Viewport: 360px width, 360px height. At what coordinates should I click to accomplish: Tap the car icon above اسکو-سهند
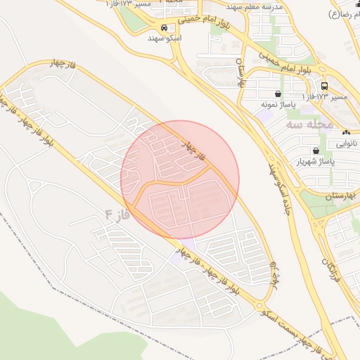coord(164,28)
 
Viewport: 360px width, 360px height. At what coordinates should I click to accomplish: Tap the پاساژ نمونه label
coord(276,104)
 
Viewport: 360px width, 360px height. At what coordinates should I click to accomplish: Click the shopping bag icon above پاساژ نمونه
coord(278,94)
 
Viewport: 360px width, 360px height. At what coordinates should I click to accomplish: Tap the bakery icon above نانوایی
coord(345,133)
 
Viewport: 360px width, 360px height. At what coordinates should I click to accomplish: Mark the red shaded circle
coord(180,180)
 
